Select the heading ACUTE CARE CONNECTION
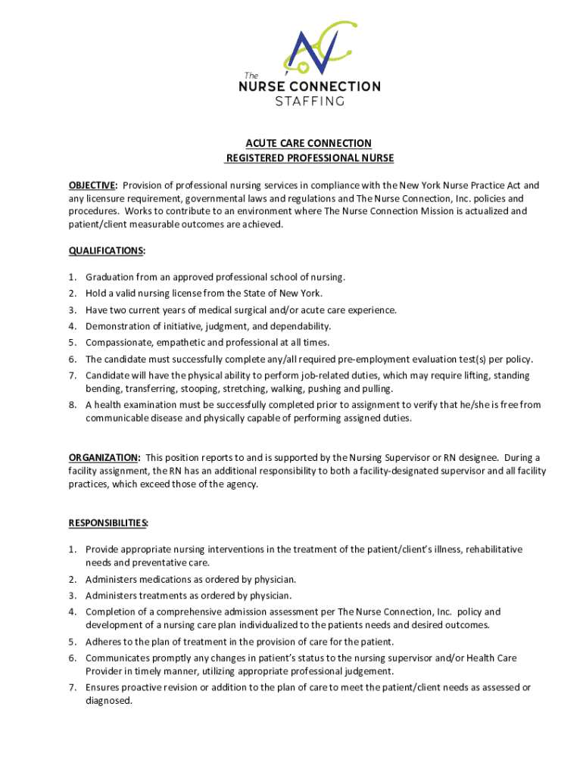(x=307, y=143)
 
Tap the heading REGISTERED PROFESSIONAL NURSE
(x=310, y=158)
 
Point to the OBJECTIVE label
(x=92, y=185)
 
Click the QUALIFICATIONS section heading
(x=107, y=251)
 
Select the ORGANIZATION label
(x=104, y=458)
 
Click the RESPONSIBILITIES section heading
(x=108, y=523)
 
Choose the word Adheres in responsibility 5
(x=103, y=641)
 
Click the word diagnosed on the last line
(x=109, y=701)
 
